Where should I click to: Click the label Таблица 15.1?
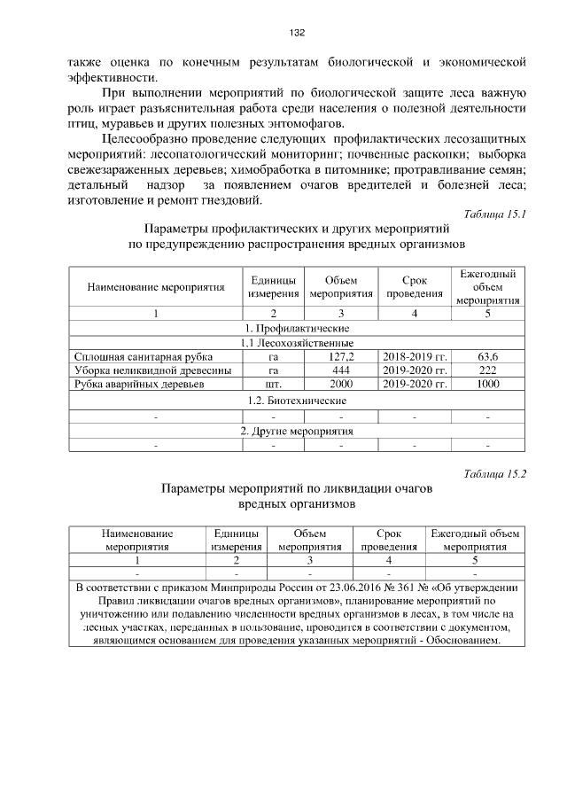(x=495, y=214)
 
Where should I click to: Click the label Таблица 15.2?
(x=495, y=473)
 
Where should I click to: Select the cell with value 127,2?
(x=341, y=356)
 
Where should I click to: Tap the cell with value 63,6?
(x=487, y=356)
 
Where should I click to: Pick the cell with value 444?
(x=341, y=370)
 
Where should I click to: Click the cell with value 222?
(x=487, y=370)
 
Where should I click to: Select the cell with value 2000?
(x=341, y=385)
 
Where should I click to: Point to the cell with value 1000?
(x=487, y=385)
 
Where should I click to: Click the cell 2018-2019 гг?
(x=415, y=356)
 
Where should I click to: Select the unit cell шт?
(x=274, y=385)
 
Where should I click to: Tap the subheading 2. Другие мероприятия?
(x=297, y=431)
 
